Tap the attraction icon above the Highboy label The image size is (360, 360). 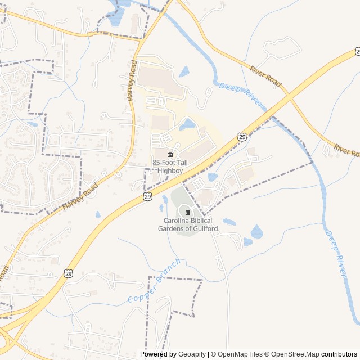click(x=170, y=155)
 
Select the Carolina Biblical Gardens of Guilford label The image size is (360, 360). click(x=185, y=224)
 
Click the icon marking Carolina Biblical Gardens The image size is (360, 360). click(x=186, y=211)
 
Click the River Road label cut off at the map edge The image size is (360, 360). click(x=346, y=150)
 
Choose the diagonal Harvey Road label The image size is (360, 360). click(x=80, y=196)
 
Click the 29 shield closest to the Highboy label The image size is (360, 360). click(x=147, y=196)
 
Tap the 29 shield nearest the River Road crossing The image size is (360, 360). click(x=242, y=136)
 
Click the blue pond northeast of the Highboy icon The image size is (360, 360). click(x=187, y=124)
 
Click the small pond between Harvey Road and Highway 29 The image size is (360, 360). click(x=98, y=214)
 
